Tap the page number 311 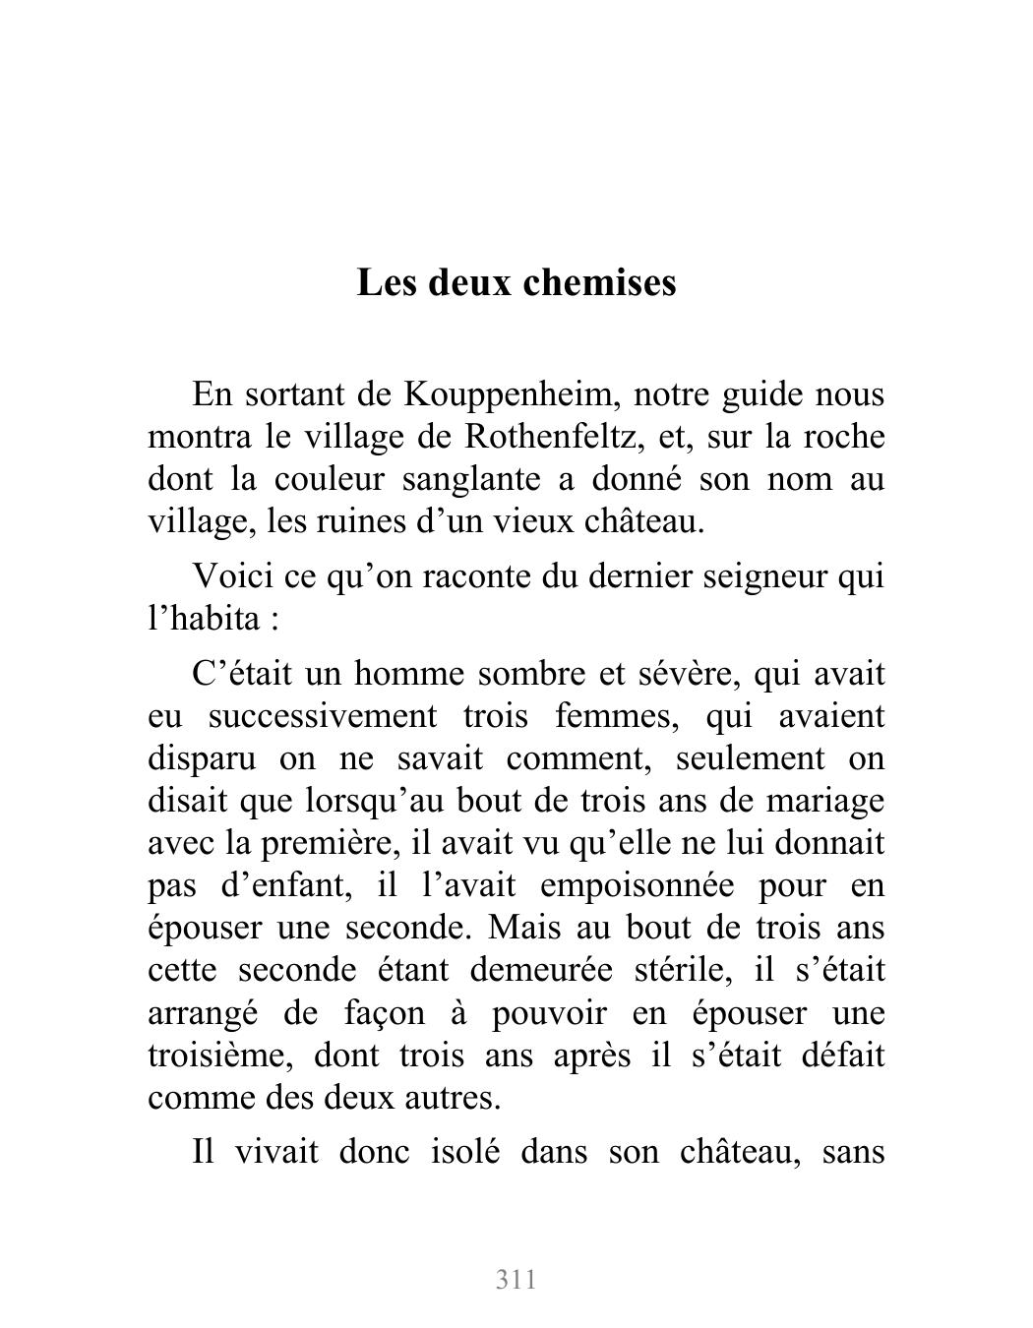(516, 1280)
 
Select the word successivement (323, 716)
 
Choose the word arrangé (204, 1013)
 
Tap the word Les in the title (384, 282)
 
